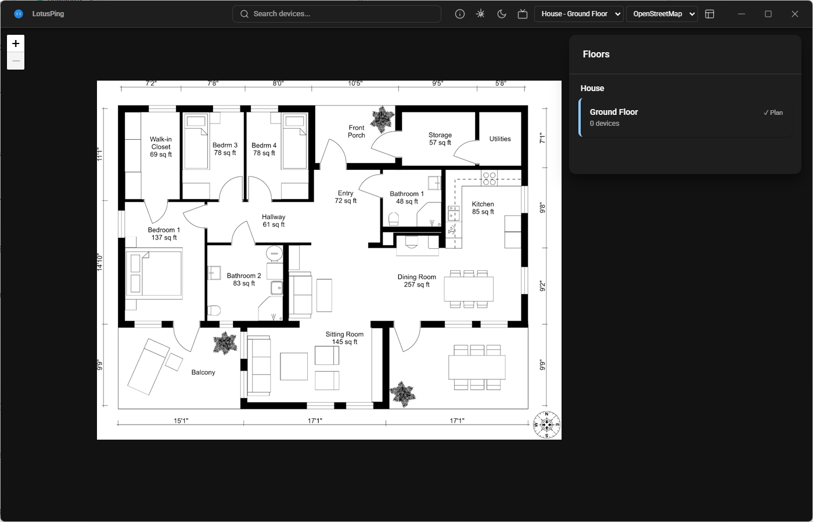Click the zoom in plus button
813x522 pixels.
click(x=16, y=43)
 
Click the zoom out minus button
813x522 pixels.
click(x=16, y=61)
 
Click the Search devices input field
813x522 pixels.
click(x=337, y=14)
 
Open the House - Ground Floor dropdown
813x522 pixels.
click(x=579, y=14)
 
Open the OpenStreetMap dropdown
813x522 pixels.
click(x=661, y=14)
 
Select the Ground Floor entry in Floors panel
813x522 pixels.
click(x=685, y=117)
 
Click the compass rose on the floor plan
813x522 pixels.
click(x=546, y=425)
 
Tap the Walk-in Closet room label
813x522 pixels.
click(x=161, y=147)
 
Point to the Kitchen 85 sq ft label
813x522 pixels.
click(x=483, y=208)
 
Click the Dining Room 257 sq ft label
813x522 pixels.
click(x=416, y=281)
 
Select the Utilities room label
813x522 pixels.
click(x=499, y=139)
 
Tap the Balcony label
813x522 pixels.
click(x=203, y=372)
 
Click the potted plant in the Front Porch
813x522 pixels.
click(x=382, y=119)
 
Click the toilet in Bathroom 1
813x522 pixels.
click(x=394, y=219)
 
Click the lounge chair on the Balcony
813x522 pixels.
click(x=149, y=365)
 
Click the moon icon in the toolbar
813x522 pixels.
click(x=502, y=14)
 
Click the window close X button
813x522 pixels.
click(x=795, y=14)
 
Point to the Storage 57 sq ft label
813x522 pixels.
click(x=440, y=139)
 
